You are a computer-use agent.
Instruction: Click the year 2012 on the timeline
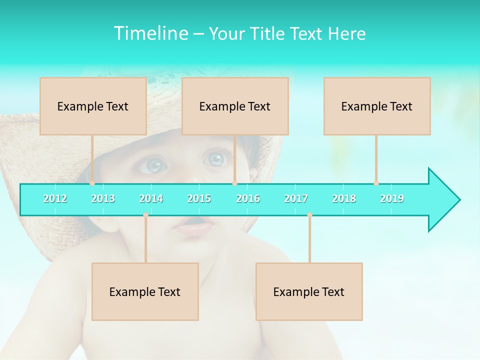point(55,198)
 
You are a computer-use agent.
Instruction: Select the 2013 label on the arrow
point(103,198)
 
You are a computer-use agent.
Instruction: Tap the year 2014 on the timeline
point(151,198)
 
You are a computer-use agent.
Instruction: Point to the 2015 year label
point(199,198)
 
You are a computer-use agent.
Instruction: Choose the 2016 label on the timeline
point(248,198)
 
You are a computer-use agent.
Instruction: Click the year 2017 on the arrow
point(296,198)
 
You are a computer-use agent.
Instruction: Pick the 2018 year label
point(344,198)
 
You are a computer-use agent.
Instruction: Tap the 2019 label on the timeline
point(392,198)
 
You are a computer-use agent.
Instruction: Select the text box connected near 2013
point(93,106)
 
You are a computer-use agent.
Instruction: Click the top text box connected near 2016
point(235,106)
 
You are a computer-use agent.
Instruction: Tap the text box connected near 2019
point(377,106)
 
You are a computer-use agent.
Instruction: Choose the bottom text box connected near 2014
point(145,291)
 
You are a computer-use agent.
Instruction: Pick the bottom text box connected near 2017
point(309,291)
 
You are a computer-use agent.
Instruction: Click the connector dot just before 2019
point(376,183)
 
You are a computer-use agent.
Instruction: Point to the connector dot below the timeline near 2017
point(309,215)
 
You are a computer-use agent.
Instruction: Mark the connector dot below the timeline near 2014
point(145,215)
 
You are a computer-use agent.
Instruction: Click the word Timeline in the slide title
point(150,33)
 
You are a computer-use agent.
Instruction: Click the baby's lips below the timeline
point(192,228)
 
